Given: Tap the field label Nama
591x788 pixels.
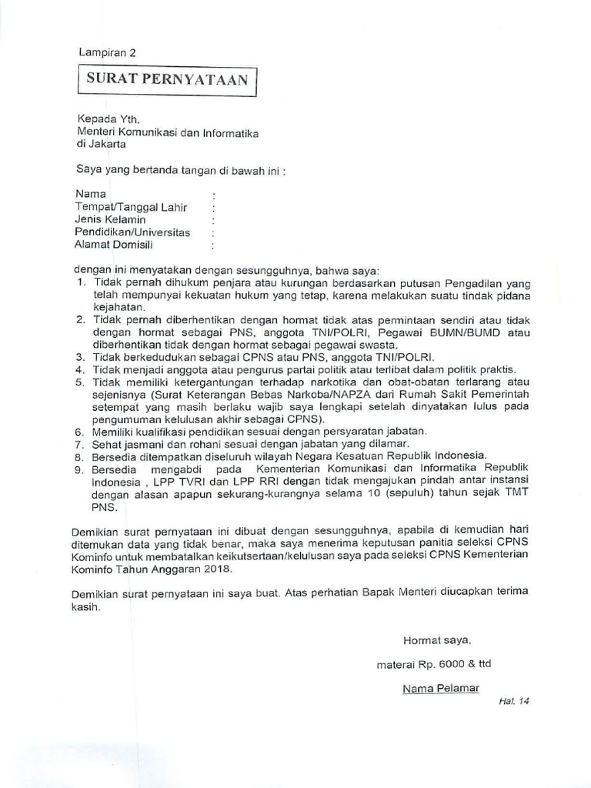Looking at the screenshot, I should [x=91, y=194].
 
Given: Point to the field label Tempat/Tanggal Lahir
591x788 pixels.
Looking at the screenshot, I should [x=131, y=207].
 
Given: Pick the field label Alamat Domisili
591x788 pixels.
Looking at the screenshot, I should [x=113, y=245].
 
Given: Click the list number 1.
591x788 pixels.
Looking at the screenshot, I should [x=81, y=282].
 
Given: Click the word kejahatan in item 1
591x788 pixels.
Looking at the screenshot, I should [x=114, y=307].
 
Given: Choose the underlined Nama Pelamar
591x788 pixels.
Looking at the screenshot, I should [x=440, y=688].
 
